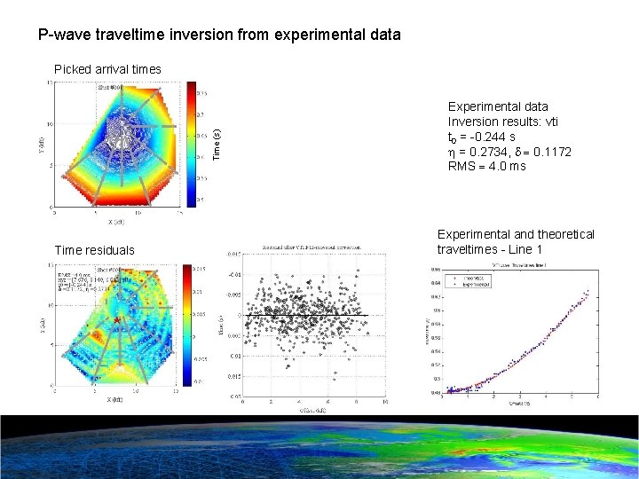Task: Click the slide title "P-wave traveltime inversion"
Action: (x=218, y=35)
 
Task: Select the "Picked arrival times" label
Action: (x=107, y=69)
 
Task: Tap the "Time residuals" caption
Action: (x=95, y=251)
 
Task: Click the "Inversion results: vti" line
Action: (x=502, y=122)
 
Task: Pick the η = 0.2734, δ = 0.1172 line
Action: (x=509, y=152)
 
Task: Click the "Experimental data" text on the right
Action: (x=498, y=106)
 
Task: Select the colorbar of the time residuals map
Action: (x=186, y=324)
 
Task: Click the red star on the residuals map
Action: (x=116, y=318)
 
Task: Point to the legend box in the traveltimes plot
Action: (x=479, y=282)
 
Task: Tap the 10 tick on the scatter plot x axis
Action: (x=384, y=403)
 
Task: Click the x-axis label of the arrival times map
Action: (x=116, y=221)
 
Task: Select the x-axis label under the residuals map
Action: (x=116, y=400)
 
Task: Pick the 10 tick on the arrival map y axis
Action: (x=50, y=123)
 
